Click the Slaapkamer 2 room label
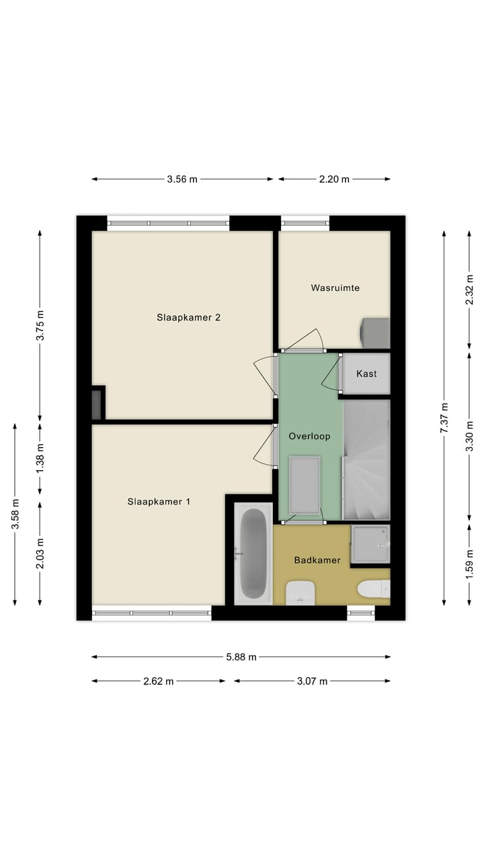coord(189,318)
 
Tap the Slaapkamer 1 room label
coord(159,501)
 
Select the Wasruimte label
coord(335,288)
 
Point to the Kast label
coord(366,374)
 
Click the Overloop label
coord(309,436)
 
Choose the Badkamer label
coord(317,560)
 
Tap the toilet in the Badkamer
coord(374,589)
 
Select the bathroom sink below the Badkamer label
coord(300,593)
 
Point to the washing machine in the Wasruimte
coord(376,333)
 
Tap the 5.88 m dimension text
coord(241,657)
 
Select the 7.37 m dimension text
coord(444,418)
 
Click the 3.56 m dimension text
coord(182,179)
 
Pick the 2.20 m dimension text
coord(334,179)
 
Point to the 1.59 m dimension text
coord(470,564)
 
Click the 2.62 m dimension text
coord(159,681)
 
